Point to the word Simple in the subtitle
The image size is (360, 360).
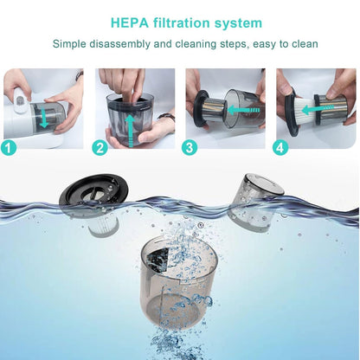[71, 43]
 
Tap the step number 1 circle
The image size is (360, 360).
[9, 148]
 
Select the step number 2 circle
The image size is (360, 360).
[100, 148]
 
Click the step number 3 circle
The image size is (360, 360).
[190, 148]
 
